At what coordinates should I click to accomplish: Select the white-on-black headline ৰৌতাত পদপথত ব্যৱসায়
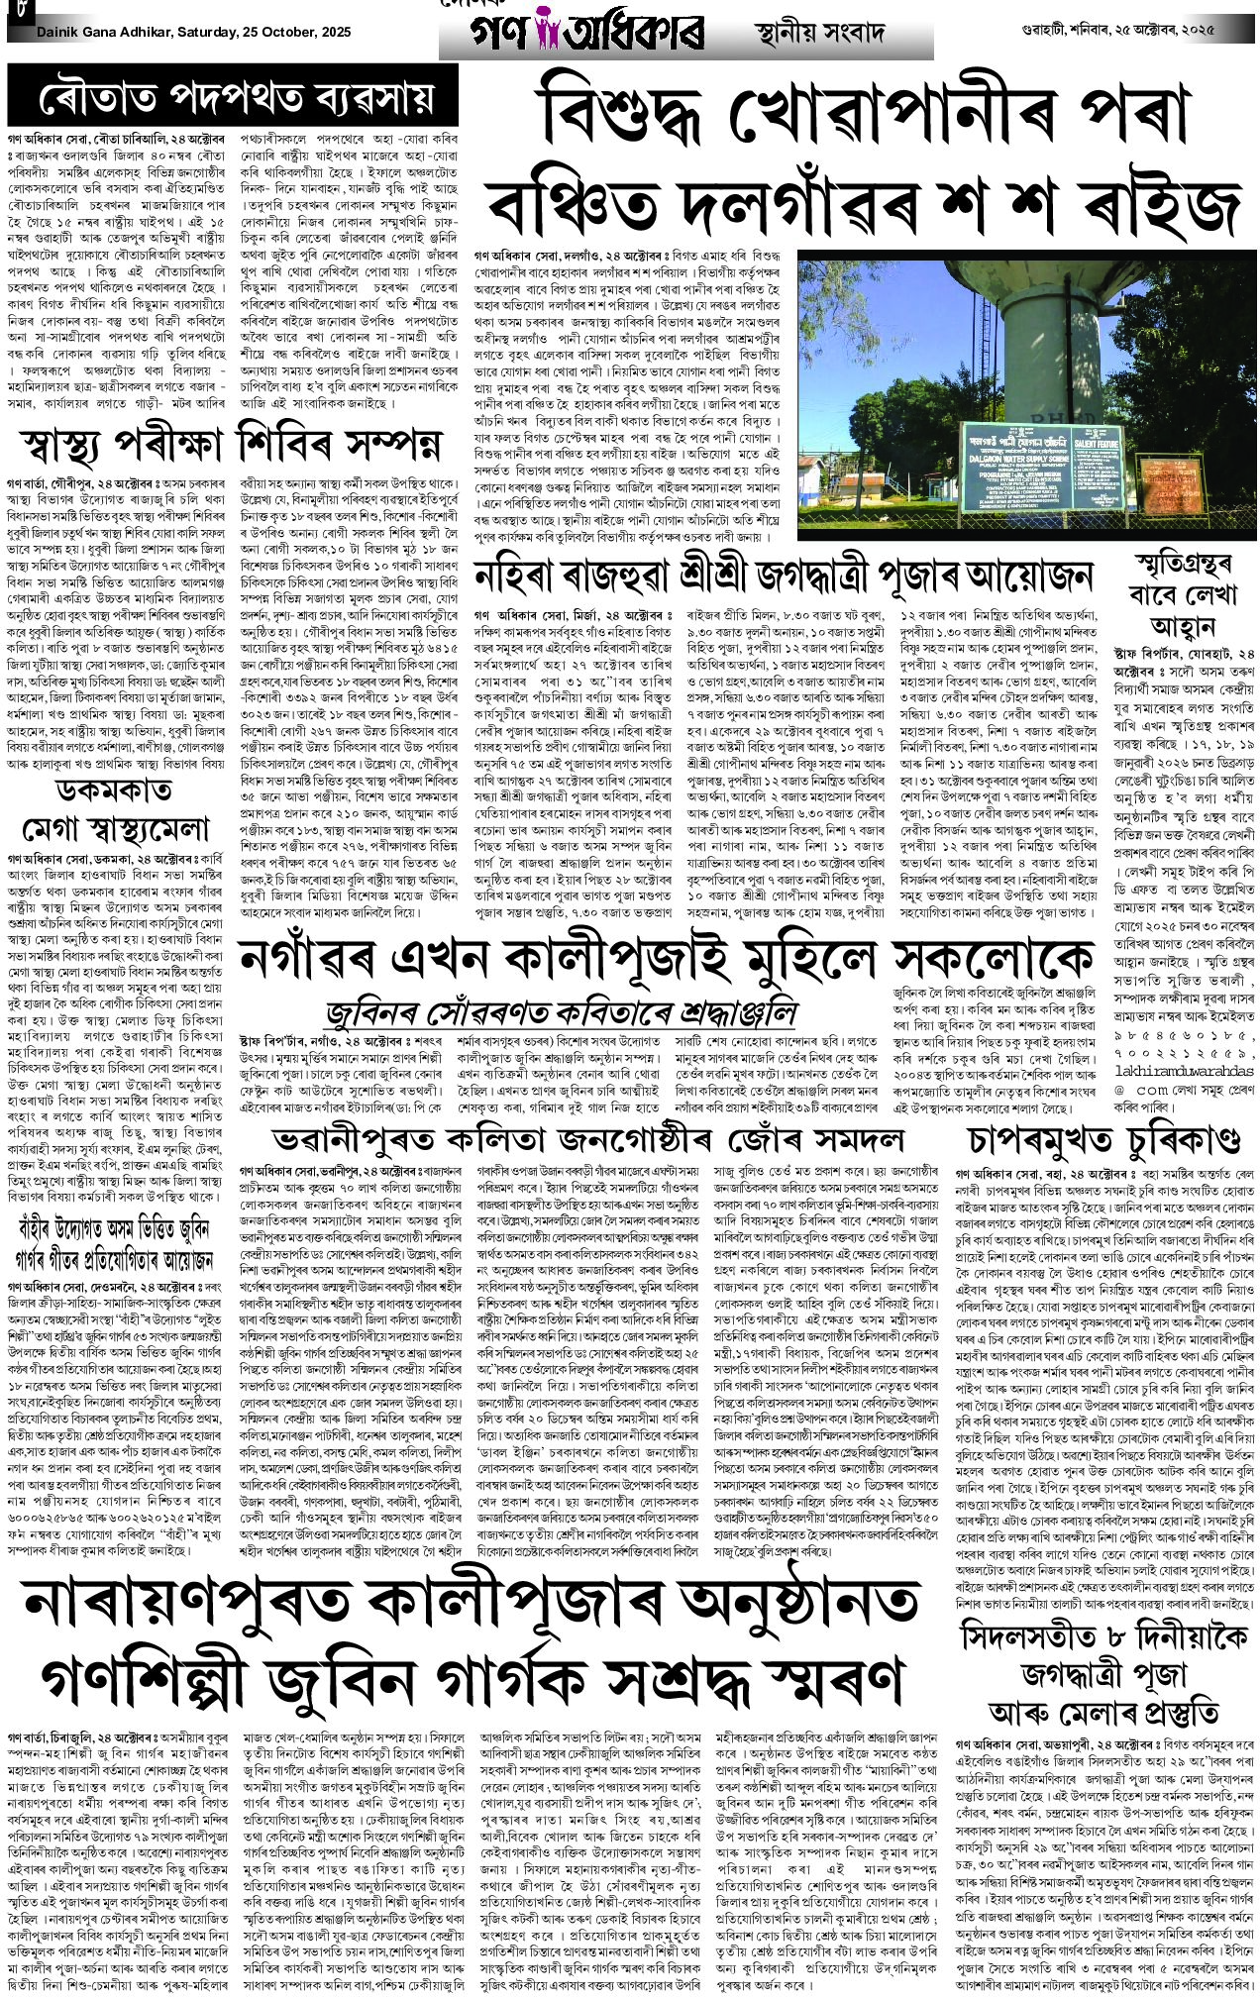click(235, 99)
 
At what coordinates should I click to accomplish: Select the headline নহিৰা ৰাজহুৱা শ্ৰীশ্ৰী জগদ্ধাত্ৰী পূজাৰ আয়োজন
click(783, 577)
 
